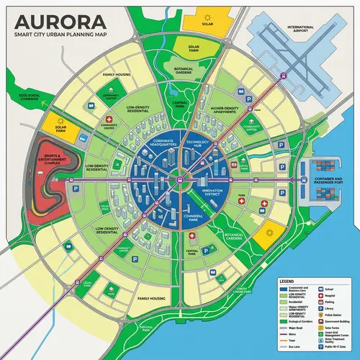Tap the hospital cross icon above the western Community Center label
point(109,119)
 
